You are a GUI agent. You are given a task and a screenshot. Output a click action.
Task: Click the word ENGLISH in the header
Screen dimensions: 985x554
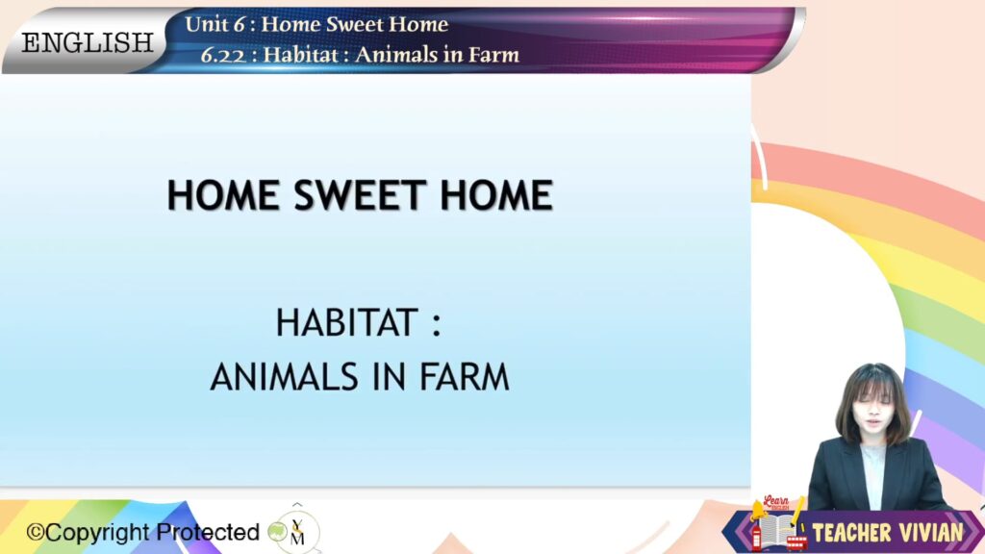(x=88, y=42)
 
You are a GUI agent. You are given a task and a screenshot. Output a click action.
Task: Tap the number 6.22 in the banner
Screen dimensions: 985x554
(x=223, y=55)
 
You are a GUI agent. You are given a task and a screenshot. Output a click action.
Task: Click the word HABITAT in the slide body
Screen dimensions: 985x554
(x=346, y=323)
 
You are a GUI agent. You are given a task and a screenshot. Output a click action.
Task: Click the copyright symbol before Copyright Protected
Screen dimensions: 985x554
(x=36, y=533)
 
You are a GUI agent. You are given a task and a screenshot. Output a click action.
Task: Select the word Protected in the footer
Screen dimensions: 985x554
(x=208, y=532)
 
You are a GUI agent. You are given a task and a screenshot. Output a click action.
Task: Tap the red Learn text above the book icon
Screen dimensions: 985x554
(x=776, y=501)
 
